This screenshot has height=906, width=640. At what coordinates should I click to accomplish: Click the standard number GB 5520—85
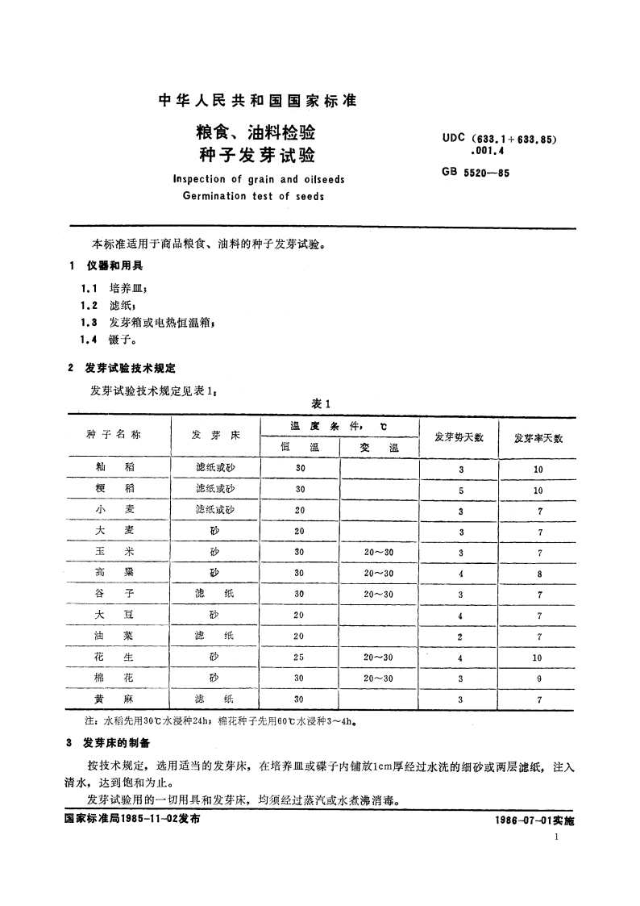[476, 173]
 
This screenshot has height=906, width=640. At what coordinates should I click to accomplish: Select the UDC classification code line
[500, 139]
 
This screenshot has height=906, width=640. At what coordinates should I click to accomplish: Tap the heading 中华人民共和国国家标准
[257, 101]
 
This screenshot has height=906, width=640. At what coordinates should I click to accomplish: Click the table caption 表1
[321, 404]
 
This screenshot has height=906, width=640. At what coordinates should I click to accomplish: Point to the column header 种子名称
[114, 435]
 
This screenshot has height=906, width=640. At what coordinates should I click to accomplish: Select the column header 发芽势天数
[459, 437]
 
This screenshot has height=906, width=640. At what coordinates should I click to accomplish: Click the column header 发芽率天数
[538, 438]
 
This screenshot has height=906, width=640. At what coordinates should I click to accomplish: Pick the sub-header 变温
[379, 447]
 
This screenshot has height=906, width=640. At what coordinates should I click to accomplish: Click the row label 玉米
[114, 553]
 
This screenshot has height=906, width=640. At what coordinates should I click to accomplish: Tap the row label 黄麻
[114, 699]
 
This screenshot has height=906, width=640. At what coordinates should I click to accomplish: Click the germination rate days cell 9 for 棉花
[539, 678]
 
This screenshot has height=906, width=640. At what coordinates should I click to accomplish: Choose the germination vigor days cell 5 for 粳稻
[461, 490]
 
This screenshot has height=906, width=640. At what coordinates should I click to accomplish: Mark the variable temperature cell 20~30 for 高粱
[379, 574]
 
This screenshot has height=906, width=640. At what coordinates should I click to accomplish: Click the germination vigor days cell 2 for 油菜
[461, 637]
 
